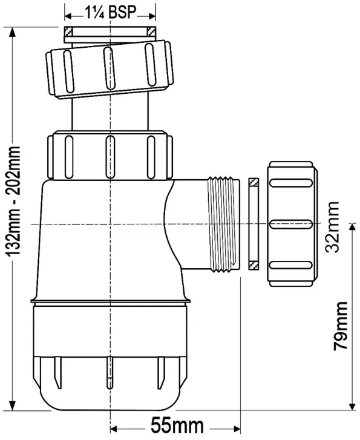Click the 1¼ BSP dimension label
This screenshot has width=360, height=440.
(x=110, y=12)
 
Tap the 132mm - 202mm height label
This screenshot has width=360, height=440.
(x=14, y=201)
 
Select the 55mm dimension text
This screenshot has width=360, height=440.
(x=177, y=425)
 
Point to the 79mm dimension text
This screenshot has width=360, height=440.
(x=341, y=326)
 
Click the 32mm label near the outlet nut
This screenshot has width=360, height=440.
(x=332, y=228)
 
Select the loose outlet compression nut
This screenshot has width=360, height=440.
(x=293, y=224)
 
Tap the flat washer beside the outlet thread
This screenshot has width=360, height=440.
(x=254, y=224)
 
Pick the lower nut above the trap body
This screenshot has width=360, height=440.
(x=110, y=155)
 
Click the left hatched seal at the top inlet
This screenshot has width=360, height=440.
(x=69, y=31)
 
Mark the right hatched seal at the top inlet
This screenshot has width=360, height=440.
(x=151, y=31)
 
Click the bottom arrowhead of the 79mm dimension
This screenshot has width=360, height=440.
(x=352, y=405)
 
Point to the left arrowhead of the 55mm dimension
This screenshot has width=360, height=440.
(x=114, y=429)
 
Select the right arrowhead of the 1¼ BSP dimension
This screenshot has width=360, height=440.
(x=152, y=16)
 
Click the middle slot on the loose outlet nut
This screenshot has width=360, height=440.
(x=291, y=224)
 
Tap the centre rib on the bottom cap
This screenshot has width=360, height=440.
(x=110, y=373)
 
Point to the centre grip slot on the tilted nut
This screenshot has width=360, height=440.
(x=108, y=67)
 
